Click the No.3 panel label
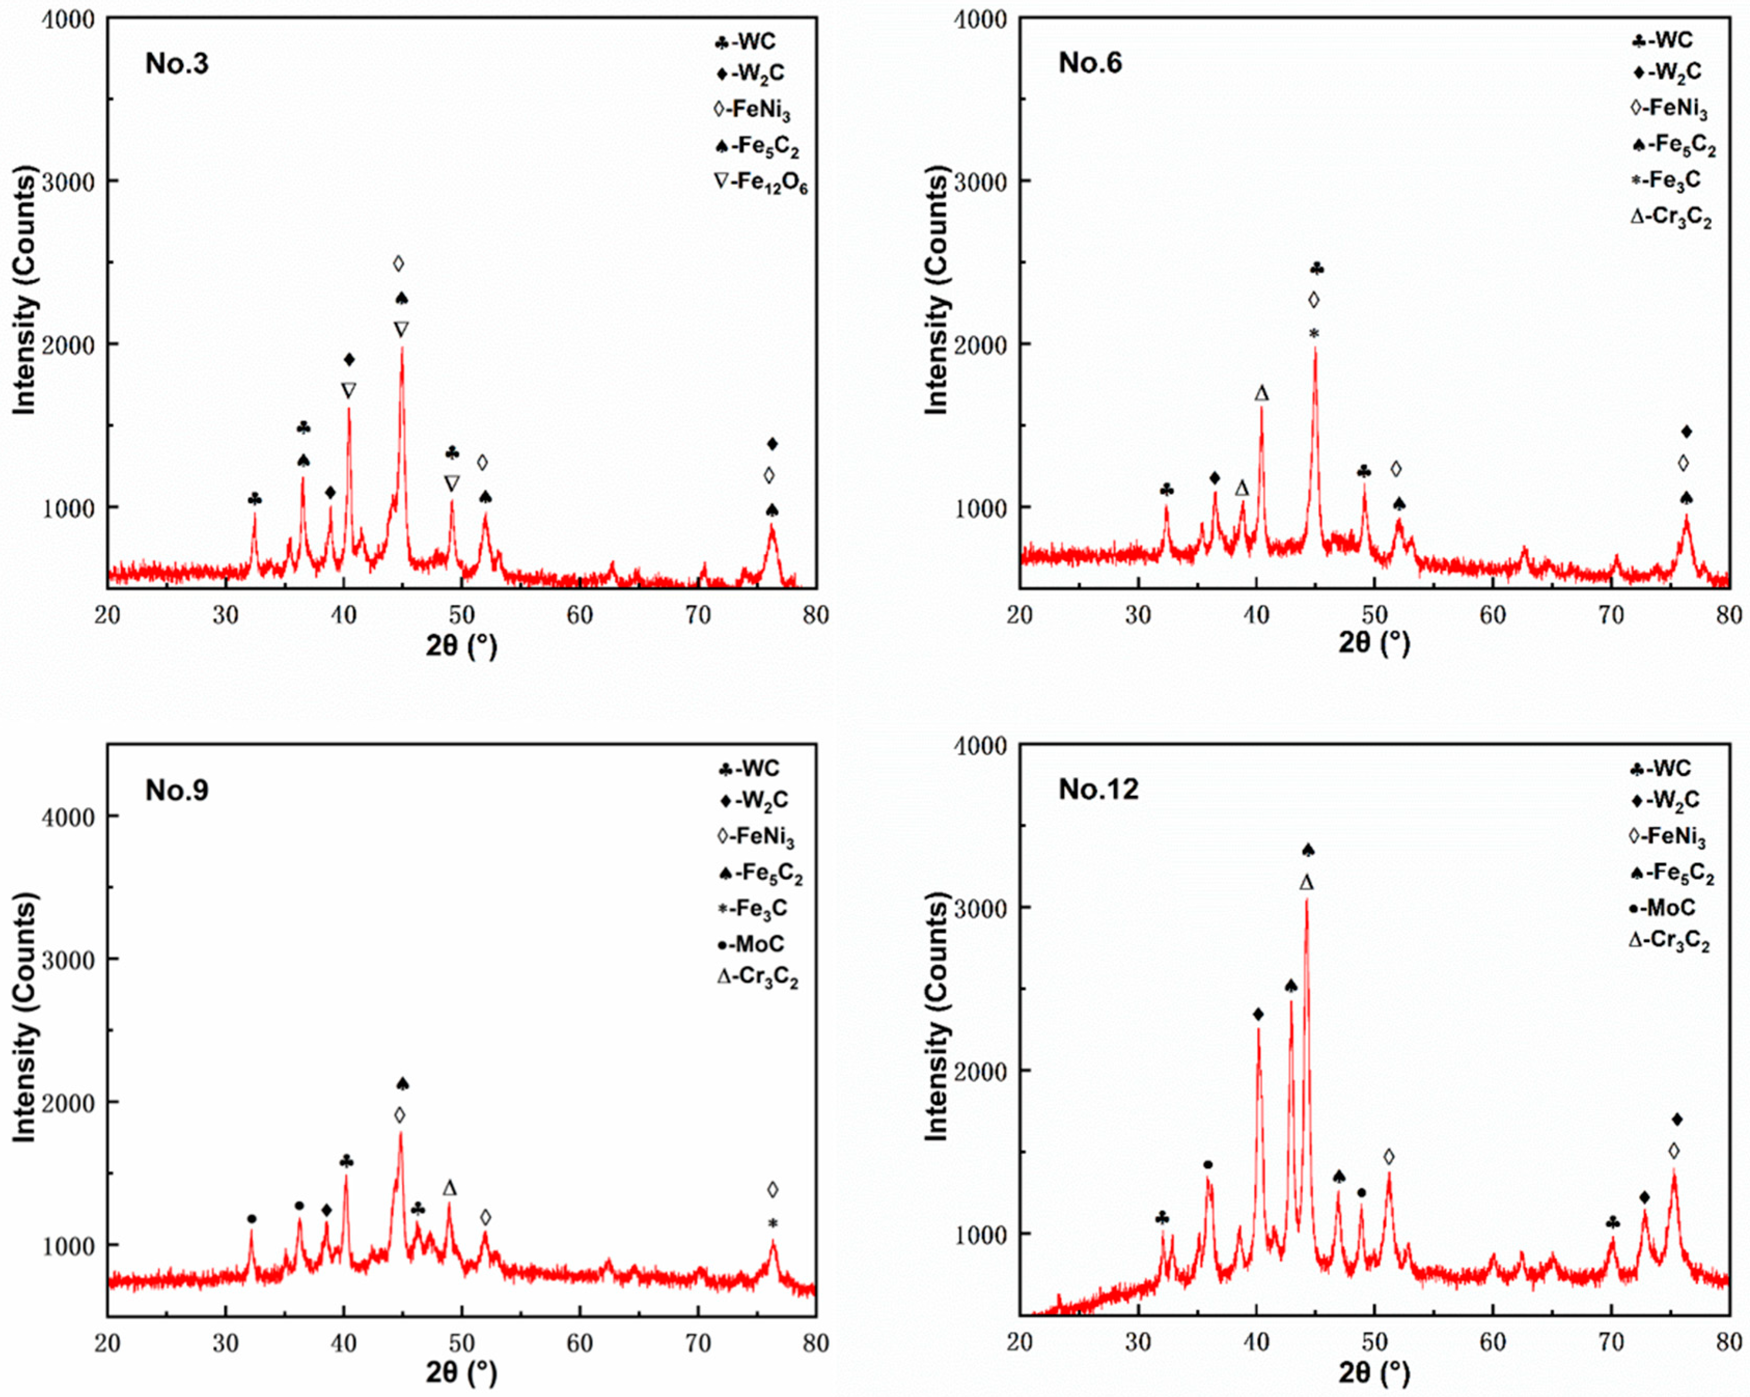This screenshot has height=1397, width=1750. pyautogui.click(x=176, y=63)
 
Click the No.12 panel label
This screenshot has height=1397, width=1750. pyautogui.click(x=1098, y=789)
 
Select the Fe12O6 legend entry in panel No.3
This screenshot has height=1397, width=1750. pyautogui.click(x=760, y=182)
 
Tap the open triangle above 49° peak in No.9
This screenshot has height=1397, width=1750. pyautogui.click(x=450, y=1188)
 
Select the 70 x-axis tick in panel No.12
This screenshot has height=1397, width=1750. pyautogui.click(x=1610, y=1343)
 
